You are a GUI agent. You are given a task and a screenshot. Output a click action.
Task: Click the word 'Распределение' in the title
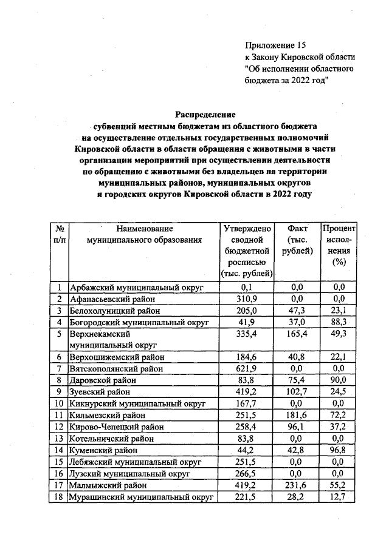[205, 114]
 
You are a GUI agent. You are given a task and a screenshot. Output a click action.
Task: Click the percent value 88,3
[339, 322]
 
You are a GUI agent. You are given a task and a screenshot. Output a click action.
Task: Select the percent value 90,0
[339, 380]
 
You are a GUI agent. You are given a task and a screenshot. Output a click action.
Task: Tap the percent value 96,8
[339, 450]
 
